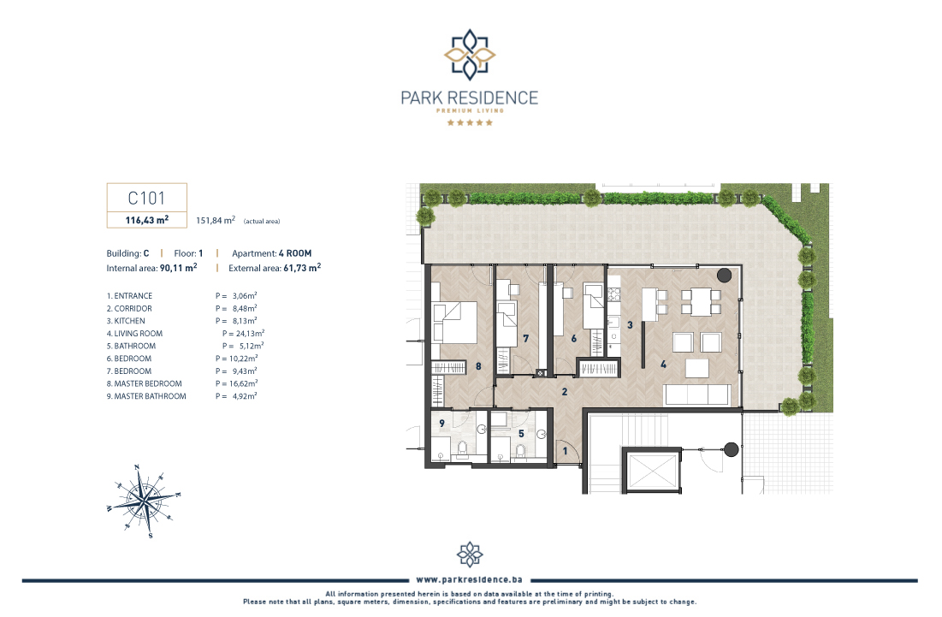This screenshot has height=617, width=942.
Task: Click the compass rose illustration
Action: pos(144,501)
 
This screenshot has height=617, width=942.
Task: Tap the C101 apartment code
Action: pos(146,198)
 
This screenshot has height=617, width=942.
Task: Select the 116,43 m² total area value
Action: pos(146,220)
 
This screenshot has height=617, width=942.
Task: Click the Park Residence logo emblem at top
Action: pos(470,55)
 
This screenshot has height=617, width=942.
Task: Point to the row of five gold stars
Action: pos(470,122)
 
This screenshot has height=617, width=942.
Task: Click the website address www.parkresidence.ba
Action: pos(469,579)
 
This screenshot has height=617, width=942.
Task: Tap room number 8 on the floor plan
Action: pos(478,366)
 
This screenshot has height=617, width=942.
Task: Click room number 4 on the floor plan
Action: pos(663,364)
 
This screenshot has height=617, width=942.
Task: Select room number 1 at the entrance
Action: pos(565,451)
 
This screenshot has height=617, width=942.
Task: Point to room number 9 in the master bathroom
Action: pos(441,423)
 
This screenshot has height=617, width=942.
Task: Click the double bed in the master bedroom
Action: pos(454,322)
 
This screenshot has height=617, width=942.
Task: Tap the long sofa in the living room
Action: pos(697,395)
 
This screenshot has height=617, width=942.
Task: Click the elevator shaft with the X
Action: pos(652,471)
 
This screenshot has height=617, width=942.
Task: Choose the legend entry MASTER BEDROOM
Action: pos(145,383)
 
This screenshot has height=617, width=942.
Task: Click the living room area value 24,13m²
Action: pos(243,334)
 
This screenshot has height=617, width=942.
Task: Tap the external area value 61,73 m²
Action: pos(302,268)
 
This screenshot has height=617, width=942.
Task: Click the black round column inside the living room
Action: pos(725,276)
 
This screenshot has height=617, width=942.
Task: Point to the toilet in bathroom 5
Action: pos(520,451)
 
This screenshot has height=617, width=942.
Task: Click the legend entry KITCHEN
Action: pos(126,321)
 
